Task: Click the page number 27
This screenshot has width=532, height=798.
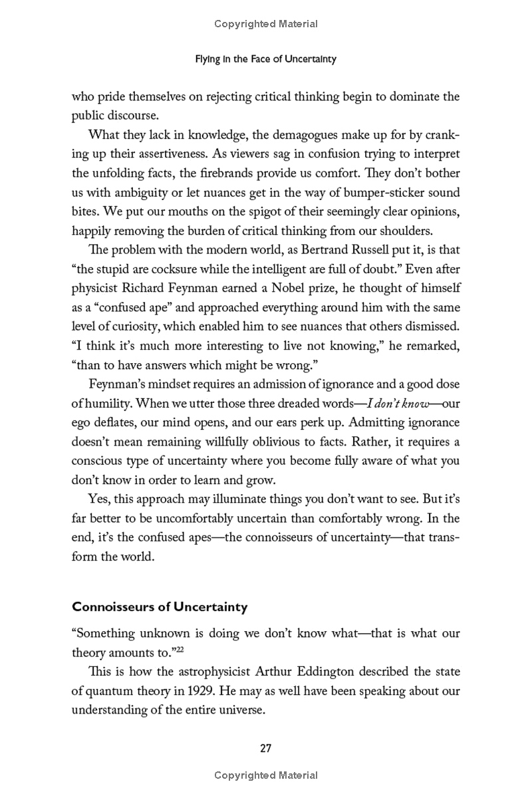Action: tap(265, 748)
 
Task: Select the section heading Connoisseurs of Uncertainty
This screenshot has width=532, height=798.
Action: tap(160, 606)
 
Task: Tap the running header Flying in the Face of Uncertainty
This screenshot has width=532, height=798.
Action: tap(265, 59)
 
